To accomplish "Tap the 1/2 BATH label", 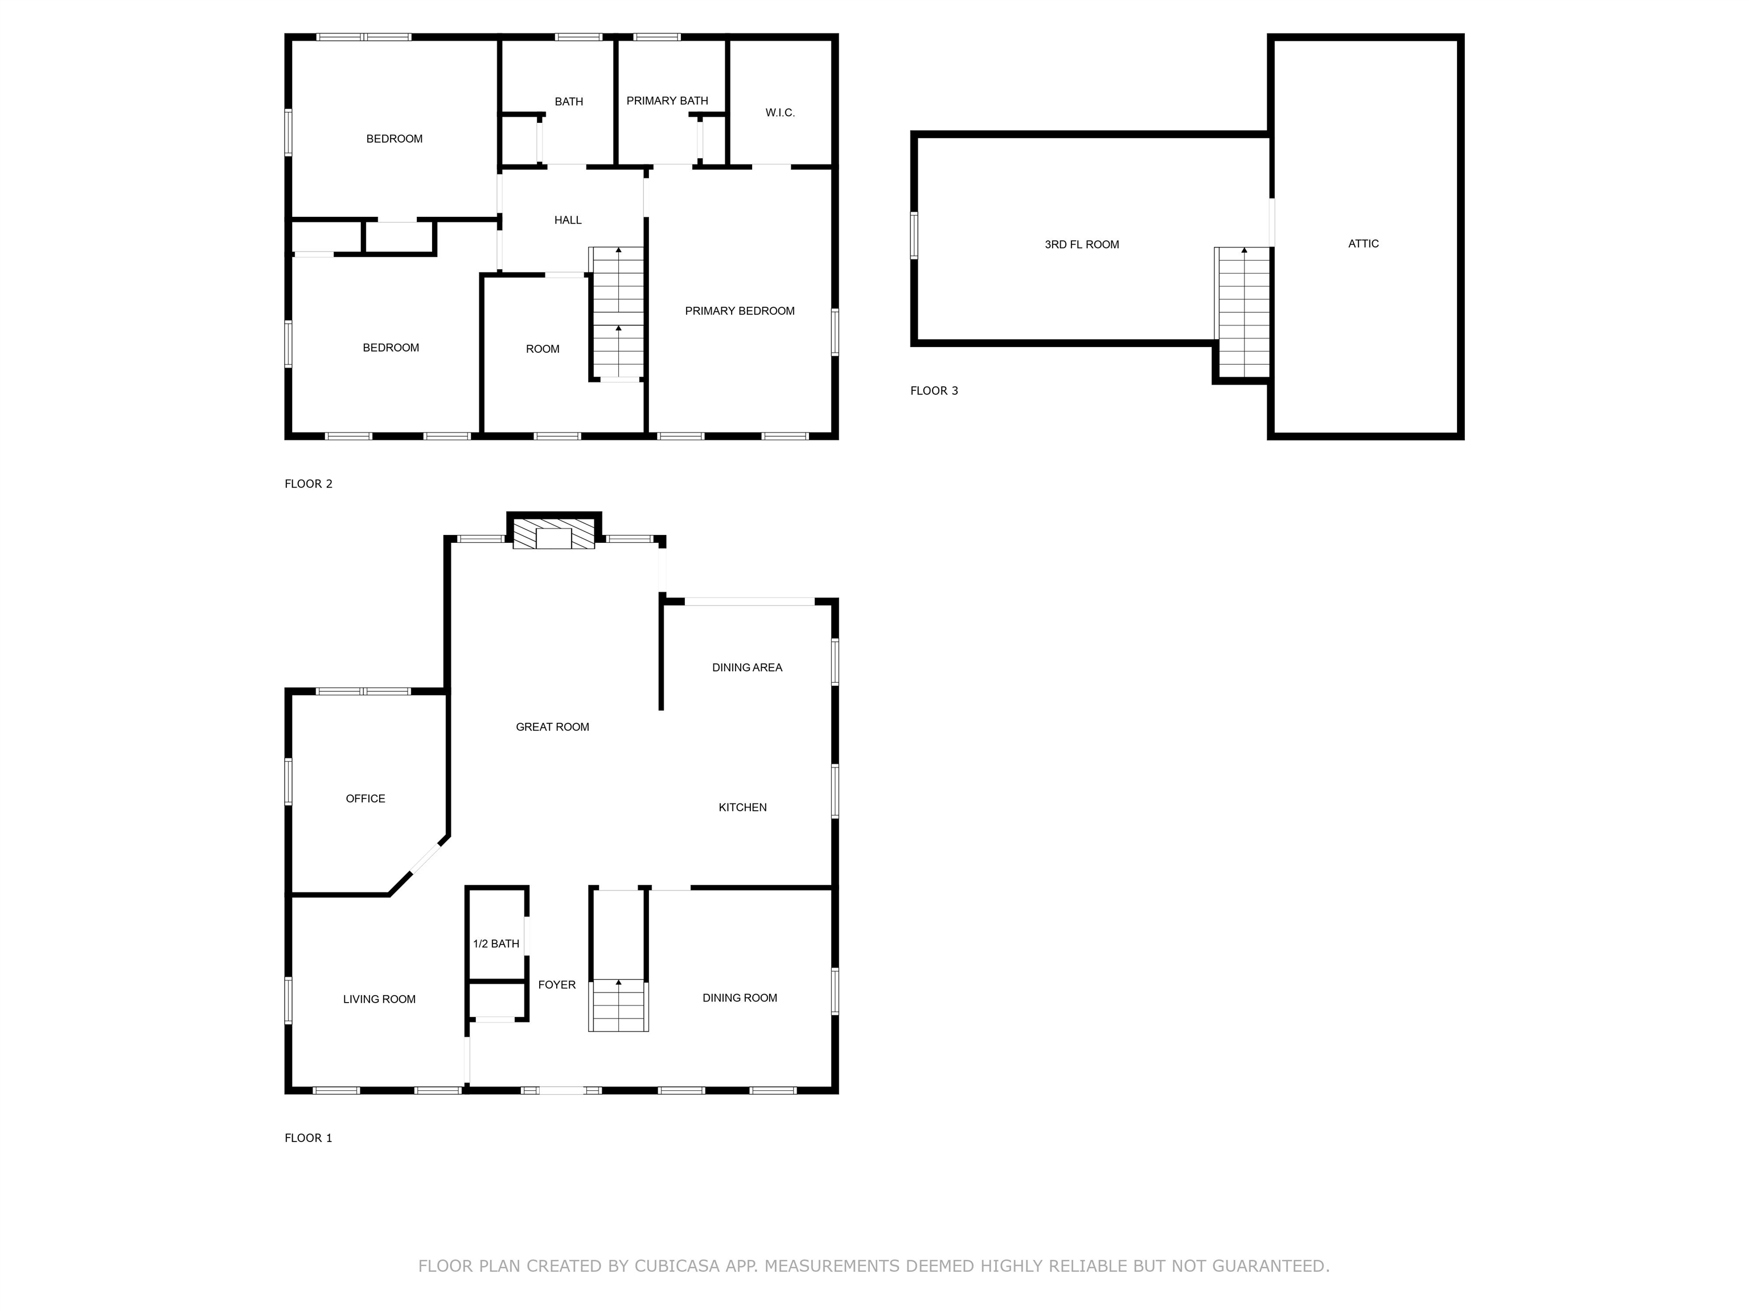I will coord(496,943).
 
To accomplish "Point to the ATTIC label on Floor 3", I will coord(1363,244).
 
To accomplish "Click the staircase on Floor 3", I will coord(1244,312).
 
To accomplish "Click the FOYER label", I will coord(557,984).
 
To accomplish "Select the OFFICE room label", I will coord(366,799).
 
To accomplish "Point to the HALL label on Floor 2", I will coord(568,220).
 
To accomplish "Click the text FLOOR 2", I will coord(309,484).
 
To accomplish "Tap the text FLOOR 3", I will coord(934,390).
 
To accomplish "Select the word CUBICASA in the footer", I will coord(677,1266).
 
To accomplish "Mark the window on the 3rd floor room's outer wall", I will coord(914,234).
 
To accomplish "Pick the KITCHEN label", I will coord(742,807).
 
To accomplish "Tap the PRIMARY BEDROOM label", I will coord(740,311).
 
